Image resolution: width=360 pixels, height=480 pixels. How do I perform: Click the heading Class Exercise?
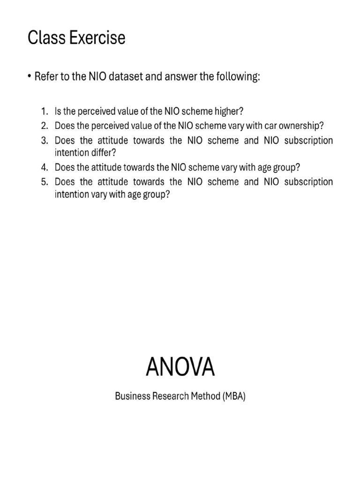76,38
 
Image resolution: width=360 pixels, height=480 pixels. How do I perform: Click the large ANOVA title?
180,367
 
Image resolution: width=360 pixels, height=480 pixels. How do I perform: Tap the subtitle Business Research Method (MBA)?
180,397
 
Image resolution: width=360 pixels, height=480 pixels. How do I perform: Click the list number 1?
44,112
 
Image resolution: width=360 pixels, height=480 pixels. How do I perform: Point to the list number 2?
44,126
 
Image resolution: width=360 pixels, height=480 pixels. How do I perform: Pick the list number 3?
44,140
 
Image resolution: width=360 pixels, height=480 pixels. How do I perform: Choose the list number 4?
44,167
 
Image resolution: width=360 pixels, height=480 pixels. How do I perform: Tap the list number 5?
44,181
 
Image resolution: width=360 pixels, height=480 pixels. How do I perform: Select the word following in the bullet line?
238,77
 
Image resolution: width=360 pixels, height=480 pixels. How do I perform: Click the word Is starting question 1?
58,112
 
